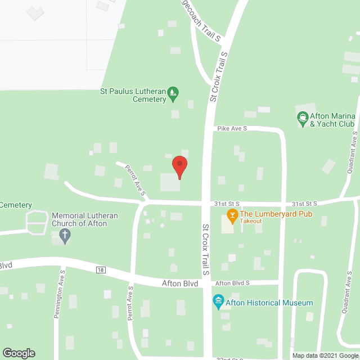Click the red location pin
tap(179, 164)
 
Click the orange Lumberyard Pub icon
tap(231, 214)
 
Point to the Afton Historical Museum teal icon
tap(218, 303)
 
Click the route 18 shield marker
tap(101, 270)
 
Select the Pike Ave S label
tap(232, 129)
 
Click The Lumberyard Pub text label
tap(276, 214)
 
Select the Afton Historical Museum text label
tap(269, 303)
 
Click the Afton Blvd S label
tap(232, 283)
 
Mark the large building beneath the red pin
tap(170, 182)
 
